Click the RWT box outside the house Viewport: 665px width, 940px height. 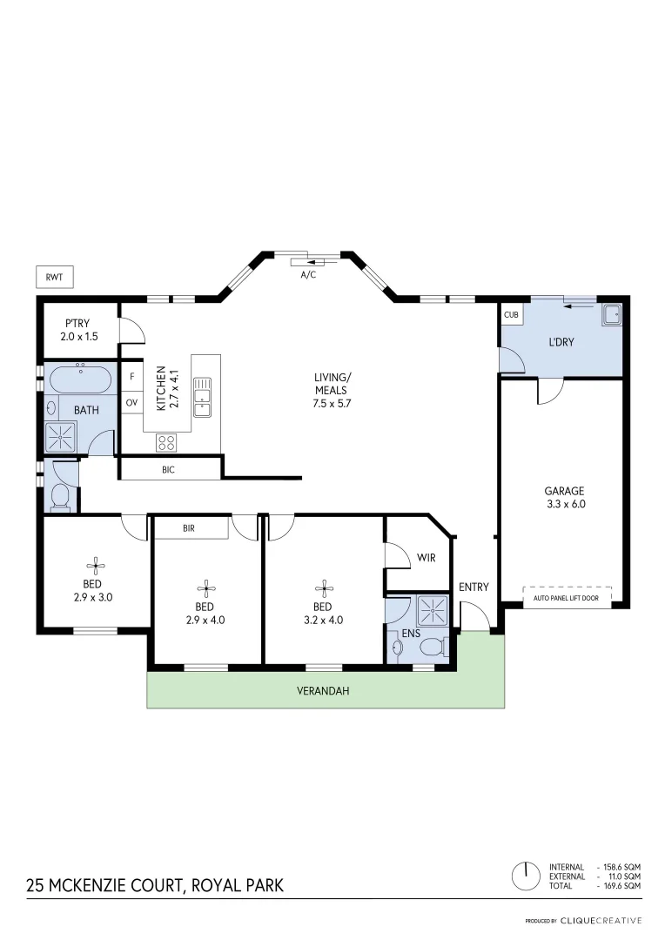point(54,277)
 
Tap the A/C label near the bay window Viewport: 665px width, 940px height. point(308,274)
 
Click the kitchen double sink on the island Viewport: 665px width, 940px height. point(202,397)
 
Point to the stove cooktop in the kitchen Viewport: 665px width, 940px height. point(166,442)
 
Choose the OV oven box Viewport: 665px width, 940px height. point(131,402)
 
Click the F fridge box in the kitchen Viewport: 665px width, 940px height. point(131,377)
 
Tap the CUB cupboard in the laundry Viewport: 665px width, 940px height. point(511,315)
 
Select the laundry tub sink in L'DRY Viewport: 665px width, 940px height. point(612,314)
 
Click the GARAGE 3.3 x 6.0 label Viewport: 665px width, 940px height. point(565,496)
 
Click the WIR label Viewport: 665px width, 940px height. point(427,558)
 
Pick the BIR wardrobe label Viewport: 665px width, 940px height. point(189,527)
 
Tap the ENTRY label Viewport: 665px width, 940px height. point(474,587)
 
